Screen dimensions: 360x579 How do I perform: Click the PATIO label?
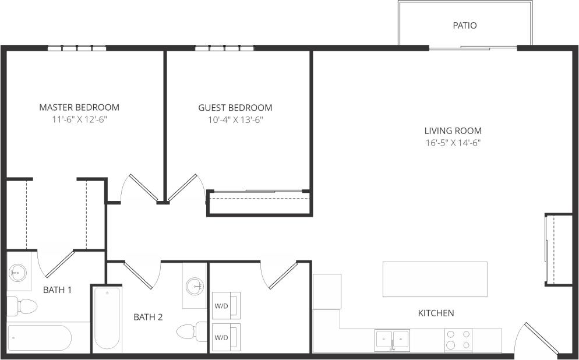click(464, 26)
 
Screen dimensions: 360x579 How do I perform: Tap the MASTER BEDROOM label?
click(79, 107)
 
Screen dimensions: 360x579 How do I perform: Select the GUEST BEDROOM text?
click(235, 108)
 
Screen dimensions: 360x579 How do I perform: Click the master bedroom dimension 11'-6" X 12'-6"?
click(79, 119)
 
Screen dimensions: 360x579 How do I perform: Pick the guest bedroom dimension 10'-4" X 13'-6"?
click(235, 120)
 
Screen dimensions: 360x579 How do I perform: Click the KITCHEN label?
click(436, 313)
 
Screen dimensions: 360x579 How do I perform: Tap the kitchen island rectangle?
click(435, 280)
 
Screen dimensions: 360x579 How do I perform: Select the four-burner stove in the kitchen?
click(458, 340)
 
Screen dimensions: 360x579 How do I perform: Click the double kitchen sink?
click(392, 339)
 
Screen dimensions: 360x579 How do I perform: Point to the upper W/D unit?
click(226, 305)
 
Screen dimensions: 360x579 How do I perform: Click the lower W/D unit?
click(226, 337)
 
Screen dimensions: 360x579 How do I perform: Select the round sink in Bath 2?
click(195, 285)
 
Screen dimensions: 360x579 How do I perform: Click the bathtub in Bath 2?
click(107, 319)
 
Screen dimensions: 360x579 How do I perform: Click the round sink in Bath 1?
click(18, 272)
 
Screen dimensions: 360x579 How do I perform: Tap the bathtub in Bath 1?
click(38, 338)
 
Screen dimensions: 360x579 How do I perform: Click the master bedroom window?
click(77, 48)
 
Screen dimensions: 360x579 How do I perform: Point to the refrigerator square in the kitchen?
click(327, 291)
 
